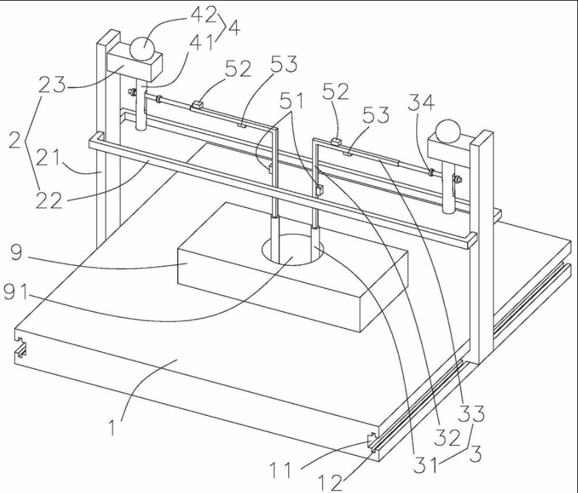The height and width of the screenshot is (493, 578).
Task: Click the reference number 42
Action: (x=203, y=15)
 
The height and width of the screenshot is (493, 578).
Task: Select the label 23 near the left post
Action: (x=52, y=85)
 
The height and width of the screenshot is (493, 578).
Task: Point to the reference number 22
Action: (x=49, y=200)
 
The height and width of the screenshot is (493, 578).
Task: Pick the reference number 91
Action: (x=15, y=293)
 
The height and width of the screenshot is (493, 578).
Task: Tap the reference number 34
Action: (x=421, y=102)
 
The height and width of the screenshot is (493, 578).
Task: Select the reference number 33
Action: (x=471, y=414)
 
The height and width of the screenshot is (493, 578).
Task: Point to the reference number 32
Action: (x=447, y=438)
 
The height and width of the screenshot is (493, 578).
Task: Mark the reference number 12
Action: (x=330, y=483)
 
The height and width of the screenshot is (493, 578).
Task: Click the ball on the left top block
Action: (x=142, y=49)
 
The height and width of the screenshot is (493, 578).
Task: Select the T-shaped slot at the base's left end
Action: (x=21, y=347)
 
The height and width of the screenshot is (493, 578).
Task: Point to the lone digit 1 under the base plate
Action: (x=113, y=428)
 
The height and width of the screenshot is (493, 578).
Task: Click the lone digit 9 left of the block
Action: (x=17, y=253)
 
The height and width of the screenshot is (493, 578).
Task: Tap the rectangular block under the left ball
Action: (x=135, y=66)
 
